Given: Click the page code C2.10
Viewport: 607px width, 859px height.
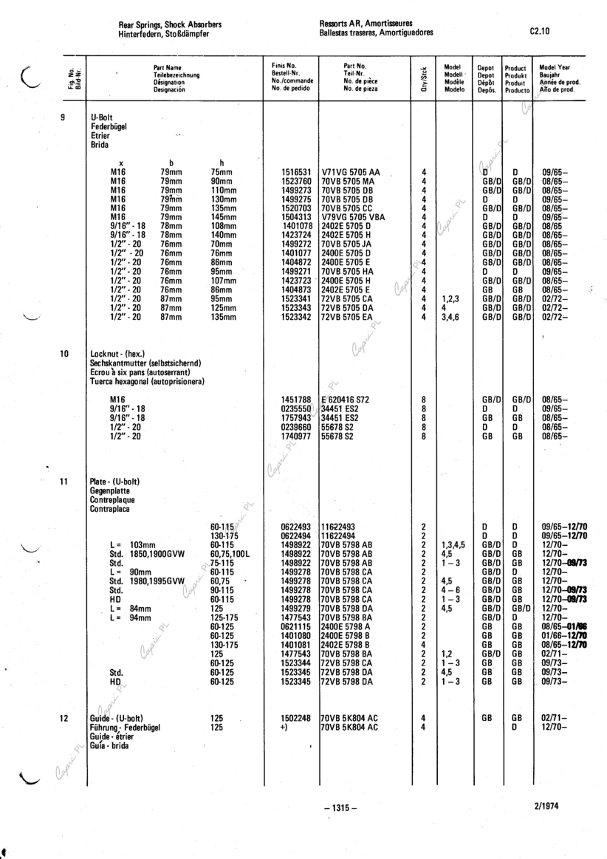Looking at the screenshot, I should click(x=540, y=32).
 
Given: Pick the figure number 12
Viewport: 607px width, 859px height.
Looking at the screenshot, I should click(x=64, y=717).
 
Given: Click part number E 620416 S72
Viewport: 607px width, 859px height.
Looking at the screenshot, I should click(x=350, y=399).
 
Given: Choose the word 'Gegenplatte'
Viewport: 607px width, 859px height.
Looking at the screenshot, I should click(x=111, y=490).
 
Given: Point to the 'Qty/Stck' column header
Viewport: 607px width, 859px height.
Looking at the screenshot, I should click(x=424, y=75).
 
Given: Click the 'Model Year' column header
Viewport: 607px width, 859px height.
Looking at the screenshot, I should click(x=555, y=67).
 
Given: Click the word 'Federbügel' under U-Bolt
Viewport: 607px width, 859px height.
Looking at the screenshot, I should click(x=110, y=127).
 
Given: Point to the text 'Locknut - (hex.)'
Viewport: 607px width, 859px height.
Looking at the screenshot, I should click(x=117, y=355).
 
